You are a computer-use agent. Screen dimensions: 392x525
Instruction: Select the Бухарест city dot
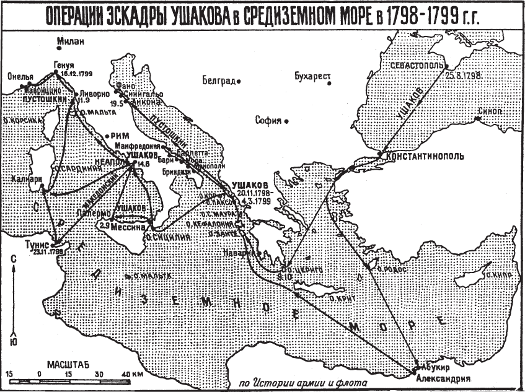tap(330, 83)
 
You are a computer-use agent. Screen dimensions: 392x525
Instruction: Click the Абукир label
tap(435, 367)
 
